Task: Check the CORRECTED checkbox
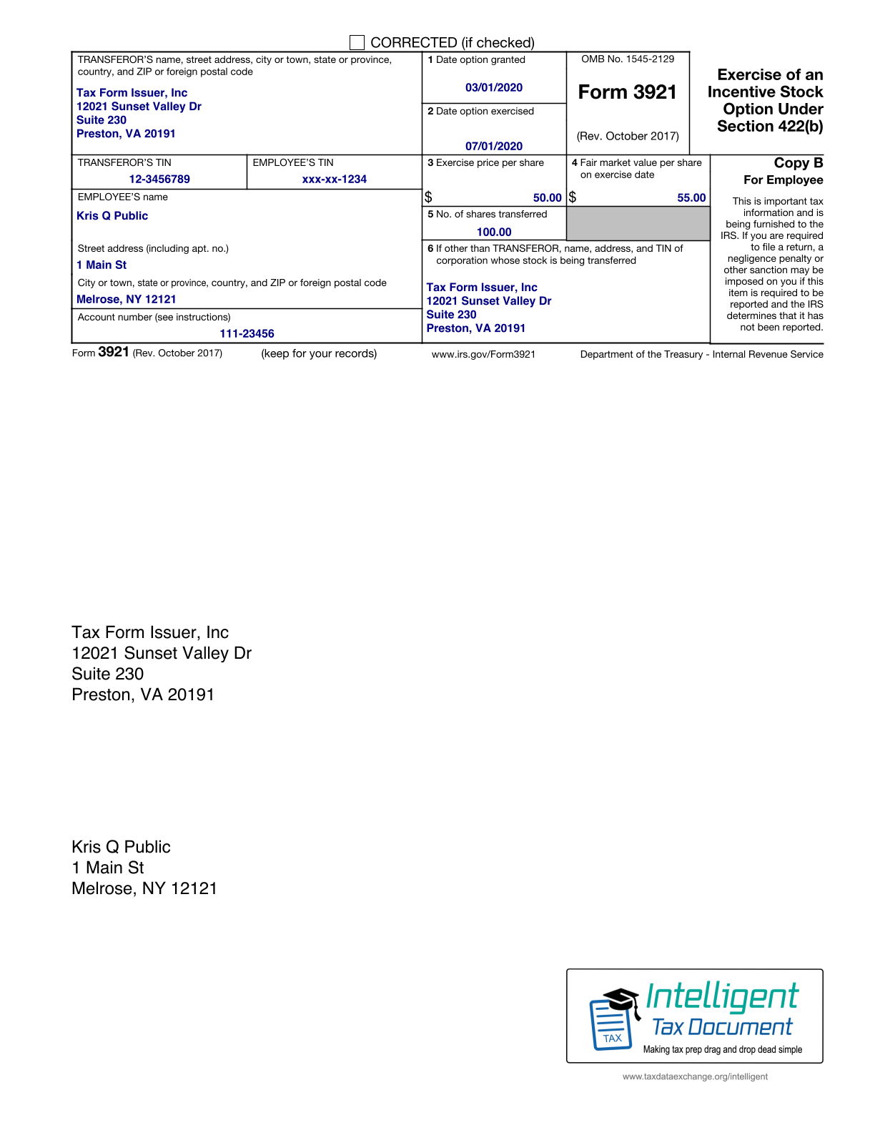coord(357,43)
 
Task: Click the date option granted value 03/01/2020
coord(494,87)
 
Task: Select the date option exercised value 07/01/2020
coord(494,146)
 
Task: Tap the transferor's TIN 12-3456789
coord(159,179)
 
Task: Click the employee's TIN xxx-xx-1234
coord(335,179)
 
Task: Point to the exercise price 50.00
coord(547,197)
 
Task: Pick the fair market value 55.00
coord(691,197)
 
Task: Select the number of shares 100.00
coord(494,232)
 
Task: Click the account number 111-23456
coord(247,333)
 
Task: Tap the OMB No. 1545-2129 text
coord(628,59)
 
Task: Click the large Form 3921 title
coord(627,92)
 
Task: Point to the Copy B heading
coord(798,163)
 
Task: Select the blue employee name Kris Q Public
coord(112,216)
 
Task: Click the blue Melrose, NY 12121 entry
coord(127,299)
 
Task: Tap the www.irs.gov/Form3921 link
coord(483,354)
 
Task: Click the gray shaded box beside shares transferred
coord(638,223)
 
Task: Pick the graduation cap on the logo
coord(620,999)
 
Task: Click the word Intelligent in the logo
coord(721,996)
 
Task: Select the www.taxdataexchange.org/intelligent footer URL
coord(695,1076)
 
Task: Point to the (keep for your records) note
coord(319,353)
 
